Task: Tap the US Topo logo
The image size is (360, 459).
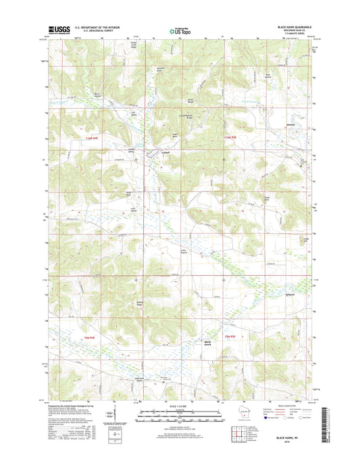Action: pyautogui.click(x=179, y=30)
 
